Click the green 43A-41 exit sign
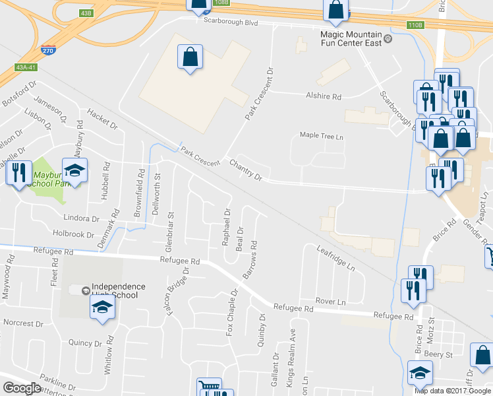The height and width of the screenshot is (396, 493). pos(26,67)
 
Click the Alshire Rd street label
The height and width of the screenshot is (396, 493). pos(323,96)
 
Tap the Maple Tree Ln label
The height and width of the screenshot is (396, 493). pos(322,135)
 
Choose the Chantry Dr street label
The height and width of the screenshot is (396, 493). pos(246,170)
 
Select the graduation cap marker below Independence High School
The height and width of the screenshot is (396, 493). pos(103,308)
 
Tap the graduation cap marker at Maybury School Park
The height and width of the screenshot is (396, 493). pos(74,170)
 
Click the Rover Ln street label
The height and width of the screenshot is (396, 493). pos(331,301)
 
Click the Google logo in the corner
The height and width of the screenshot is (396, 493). pos(22,388)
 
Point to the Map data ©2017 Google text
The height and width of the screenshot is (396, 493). pos(453,391)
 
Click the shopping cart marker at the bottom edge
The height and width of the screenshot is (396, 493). pos(209,388)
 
